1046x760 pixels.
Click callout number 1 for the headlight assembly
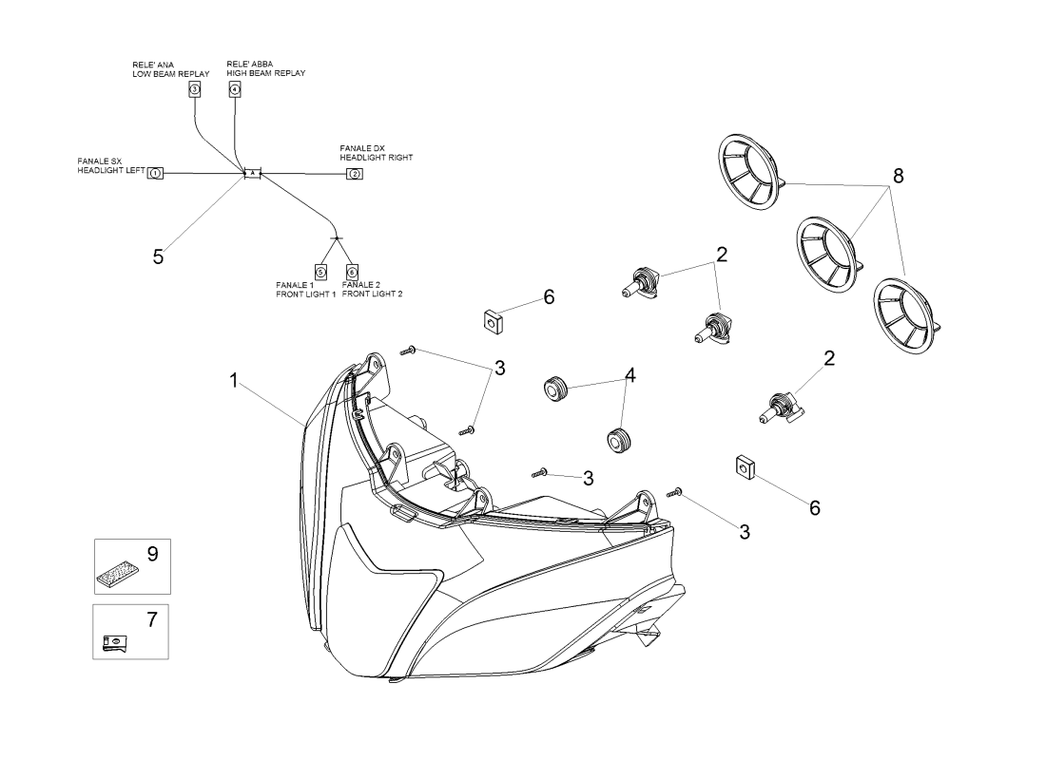point(234,381)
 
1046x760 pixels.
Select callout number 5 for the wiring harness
point(159,256)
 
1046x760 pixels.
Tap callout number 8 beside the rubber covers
point(898,177)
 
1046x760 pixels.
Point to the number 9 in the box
point(151,553)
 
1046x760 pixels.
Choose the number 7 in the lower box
point(151,619)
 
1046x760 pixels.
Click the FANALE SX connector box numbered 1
point(156,174)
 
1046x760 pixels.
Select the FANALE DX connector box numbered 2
point(354,174)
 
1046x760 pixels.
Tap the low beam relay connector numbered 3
point(194,88)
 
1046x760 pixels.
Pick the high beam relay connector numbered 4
point(235,88)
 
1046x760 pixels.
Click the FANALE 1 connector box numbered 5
point(320,272)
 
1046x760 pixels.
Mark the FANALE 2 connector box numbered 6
point(352,272)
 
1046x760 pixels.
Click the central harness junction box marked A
point(252,173)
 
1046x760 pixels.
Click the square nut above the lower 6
point(746,467)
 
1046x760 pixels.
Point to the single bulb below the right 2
point(779,409)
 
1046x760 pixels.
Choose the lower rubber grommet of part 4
point(619,442)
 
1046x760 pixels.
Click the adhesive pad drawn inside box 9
point(119,573)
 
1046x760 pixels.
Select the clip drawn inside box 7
point(113,644)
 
